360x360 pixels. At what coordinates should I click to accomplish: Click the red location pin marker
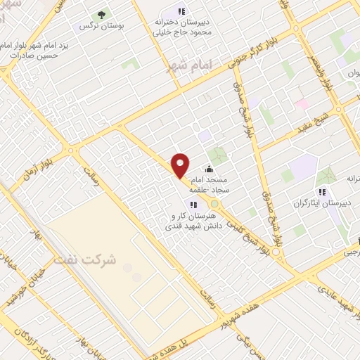pos(181,165)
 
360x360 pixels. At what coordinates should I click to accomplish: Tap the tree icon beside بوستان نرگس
pos(101,13)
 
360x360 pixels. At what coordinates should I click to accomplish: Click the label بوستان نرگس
pos(101,27)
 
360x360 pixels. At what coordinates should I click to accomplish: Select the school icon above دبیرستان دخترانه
pos(182,11)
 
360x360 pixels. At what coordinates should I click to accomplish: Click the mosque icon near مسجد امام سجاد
pos(209,169)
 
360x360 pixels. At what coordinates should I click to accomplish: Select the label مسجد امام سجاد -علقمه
pos(217,184)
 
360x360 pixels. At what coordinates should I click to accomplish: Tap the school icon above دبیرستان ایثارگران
pos(322,191)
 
